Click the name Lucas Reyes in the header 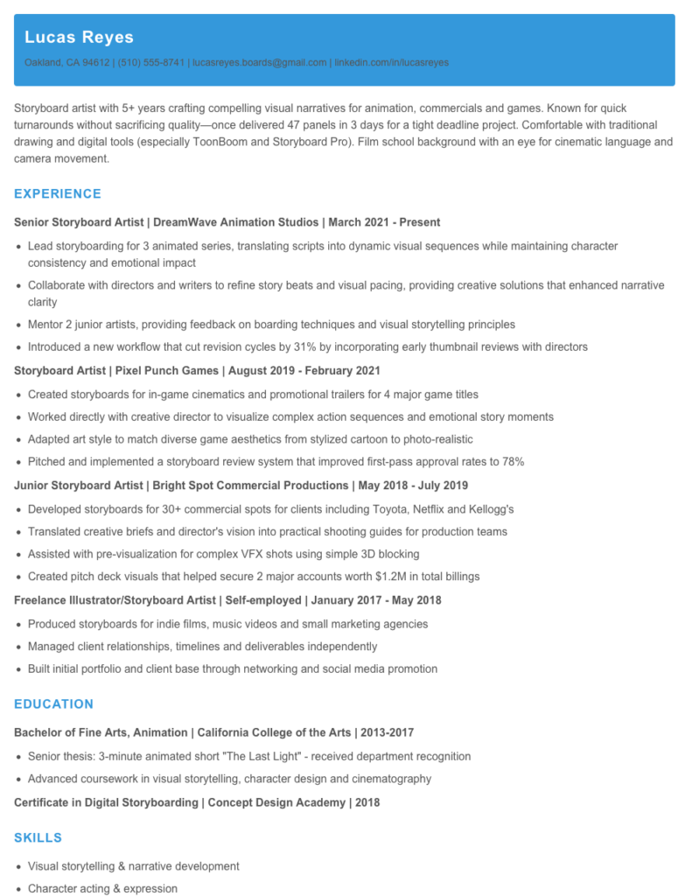pyautogui.click(x=79, y=37)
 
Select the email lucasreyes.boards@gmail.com pyautogui.click(x=260, y=63)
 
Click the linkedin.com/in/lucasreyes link pyautogui.click(x=391, y=63)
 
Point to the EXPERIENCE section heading pyautogui.click(x=58, y=193)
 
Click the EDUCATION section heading pyautogui.click(x=53, y=703)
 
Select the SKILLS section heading pyautogui.click(x=38, y=837)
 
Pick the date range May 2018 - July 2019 pyautogui.click(x=413, y=486)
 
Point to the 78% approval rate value pyautogui.click(x=512, y=462)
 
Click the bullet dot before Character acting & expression pyautogui.click(x=18, y=889)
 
